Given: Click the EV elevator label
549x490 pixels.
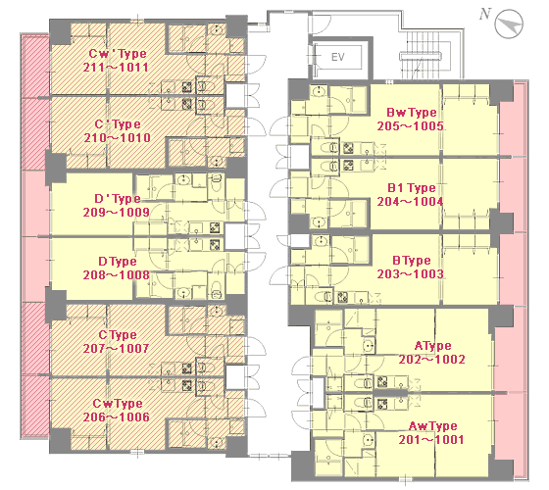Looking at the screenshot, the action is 338,57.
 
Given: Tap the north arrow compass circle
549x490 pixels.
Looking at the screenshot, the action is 509,24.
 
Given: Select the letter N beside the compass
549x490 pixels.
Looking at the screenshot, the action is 485,14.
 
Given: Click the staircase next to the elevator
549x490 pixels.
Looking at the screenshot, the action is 421,55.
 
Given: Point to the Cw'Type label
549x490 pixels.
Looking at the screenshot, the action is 118,54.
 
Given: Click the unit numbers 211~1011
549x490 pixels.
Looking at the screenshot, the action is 116,68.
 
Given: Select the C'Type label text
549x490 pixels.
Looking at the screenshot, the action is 118,124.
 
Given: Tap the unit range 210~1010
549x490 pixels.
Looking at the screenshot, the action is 118,138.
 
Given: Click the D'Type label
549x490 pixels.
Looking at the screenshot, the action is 118,199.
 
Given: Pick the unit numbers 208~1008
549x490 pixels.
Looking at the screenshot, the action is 117,275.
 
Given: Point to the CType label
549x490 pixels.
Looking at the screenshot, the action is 118,335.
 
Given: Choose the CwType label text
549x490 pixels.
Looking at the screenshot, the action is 118,404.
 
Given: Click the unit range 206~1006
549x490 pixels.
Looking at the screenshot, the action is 117,417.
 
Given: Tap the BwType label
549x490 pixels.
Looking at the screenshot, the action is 412,113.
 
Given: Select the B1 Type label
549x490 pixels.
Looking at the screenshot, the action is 412,188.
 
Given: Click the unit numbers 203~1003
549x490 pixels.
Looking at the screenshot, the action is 411,274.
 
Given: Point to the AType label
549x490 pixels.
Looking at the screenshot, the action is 433,346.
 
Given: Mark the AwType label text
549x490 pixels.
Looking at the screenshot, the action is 433,426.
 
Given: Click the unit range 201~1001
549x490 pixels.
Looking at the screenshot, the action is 431,440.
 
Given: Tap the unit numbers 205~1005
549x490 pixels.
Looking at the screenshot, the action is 411,126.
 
